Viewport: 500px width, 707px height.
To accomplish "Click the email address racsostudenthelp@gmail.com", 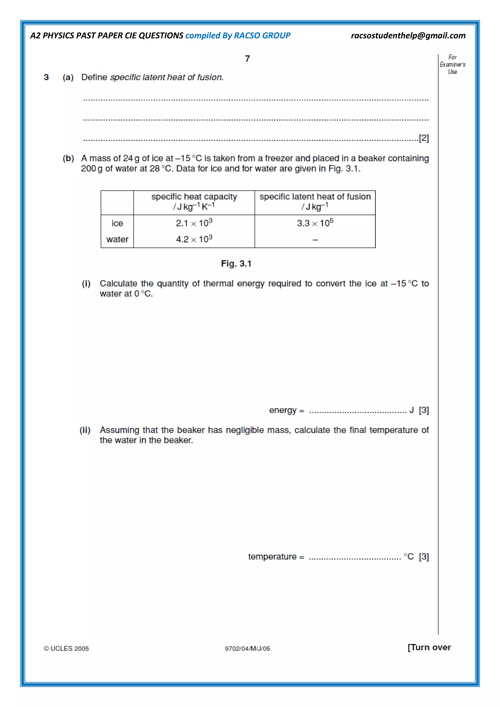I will pyautogui.click(x=408, y=36).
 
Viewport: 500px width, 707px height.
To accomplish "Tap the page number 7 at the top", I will pyautogui.click(x=247, y=59).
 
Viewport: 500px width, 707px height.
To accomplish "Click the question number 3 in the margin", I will pyautogui.click(x=46, y=77).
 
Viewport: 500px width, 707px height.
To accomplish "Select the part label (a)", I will pyautogui.click(x=68, y=77).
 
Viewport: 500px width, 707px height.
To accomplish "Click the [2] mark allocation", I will pyautogui.click(x=424, y=138).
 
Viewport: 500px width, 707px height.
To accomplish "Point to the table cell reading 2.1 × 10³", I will pyautogui.click(x=194, y=223).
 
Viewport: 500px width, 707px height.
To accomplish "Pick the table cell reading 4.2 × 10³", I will pyautogui.click(x=194, y=239).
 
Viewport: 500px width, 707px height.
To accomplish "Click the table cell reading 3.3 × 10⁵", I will pyautogui.click(x=315, y=223).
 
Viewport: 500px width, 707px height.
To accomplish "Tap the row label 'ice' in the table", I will pyautogui.click(x=117, y=223).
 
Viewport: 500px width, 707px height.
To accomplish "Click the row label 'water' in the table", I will pyautogui.click(x=117, y=239).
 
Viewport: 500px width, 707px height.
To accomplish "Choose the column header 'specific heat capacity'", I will pyautogui.click(x=194, y=197).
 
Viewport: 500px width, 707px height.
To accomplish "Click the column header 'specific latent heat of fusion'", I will pyautogui.click(x=315, y=197).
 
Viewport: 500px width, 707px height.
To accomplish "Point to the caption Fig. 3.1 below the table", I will pyautogui.click(x=236, y=264).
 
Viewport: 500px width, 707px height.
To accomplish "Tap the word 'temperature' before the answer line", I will pyautogui.click(x=272, y=557).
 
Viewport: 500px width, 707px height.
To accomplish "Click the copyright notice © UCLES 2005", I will pyautogui.click(x=66, y=648).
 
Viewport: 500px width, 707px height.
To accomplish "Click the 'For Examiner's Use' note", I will pyautogui.click(x=452, y=65).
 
